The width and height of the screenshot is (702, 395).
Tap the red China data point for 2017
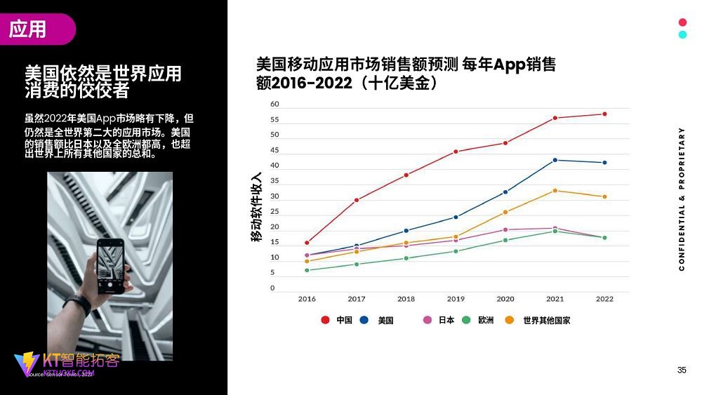pos(357,200)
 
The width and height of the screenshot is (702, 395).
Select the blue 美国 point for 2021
pos(555,160)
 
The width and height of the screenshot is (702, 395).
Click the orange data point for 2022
pos(604,196)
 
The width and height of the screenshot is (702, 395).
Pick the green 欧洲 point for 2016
pos(307,270)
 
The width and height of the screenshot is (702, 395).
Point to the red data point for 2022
pos(604,114)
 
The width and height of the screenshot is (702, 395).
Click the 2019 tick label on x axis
pos(456,299)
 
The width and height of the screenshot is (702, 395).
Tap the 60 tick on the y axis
pos(274,105)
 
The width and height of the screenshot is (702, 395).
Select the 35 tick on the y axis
pos(274,181)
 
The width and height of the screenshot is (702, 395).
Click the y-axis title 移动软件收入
pos(257,207)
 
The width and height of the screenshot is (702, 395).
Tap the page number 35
pos(682,370)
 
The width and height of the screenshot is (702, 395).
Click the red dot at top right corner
pos(682,22)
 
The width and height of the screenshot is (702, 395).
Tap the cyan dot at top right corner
pos(682,34)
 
